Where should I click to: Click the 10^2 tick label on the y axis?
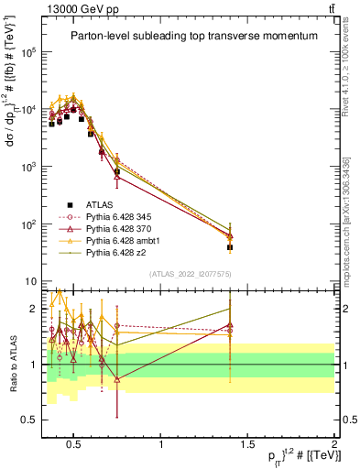(32, 224)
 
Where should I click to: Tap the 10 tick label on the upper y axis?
(35, 281)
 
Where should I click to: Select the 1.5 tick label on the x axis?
(247, 444)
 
